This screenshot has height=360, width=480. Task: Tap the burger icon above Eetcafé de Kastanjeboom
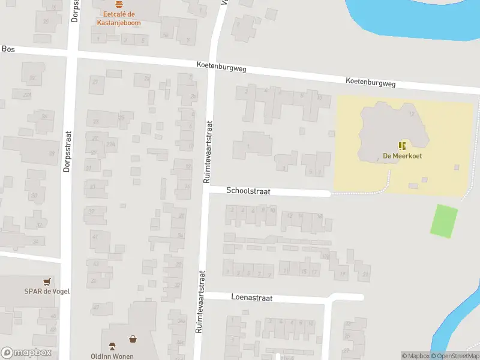118,4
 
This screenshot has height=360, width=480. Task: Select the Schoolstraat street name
248,191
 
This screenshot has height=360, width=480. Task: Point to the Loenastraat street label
251,298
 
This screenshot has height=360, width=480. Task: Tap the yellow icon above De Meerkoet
402,146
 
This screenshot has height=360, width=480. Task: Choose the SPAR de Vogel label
46,292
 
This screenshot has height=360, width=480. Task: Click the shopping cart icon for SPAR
46,281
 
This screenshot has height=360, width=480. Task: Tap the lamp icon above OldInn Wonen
112,345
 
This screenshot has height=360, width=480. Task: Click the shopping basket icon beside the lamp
133,339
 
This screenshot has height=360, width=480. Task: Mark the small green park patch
444,221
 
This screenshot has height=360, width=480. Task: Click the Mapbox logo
26,353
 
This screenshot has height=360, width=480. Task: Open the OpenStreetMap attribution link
455,356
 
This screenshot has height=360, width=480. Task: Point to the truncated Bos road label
8,49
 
